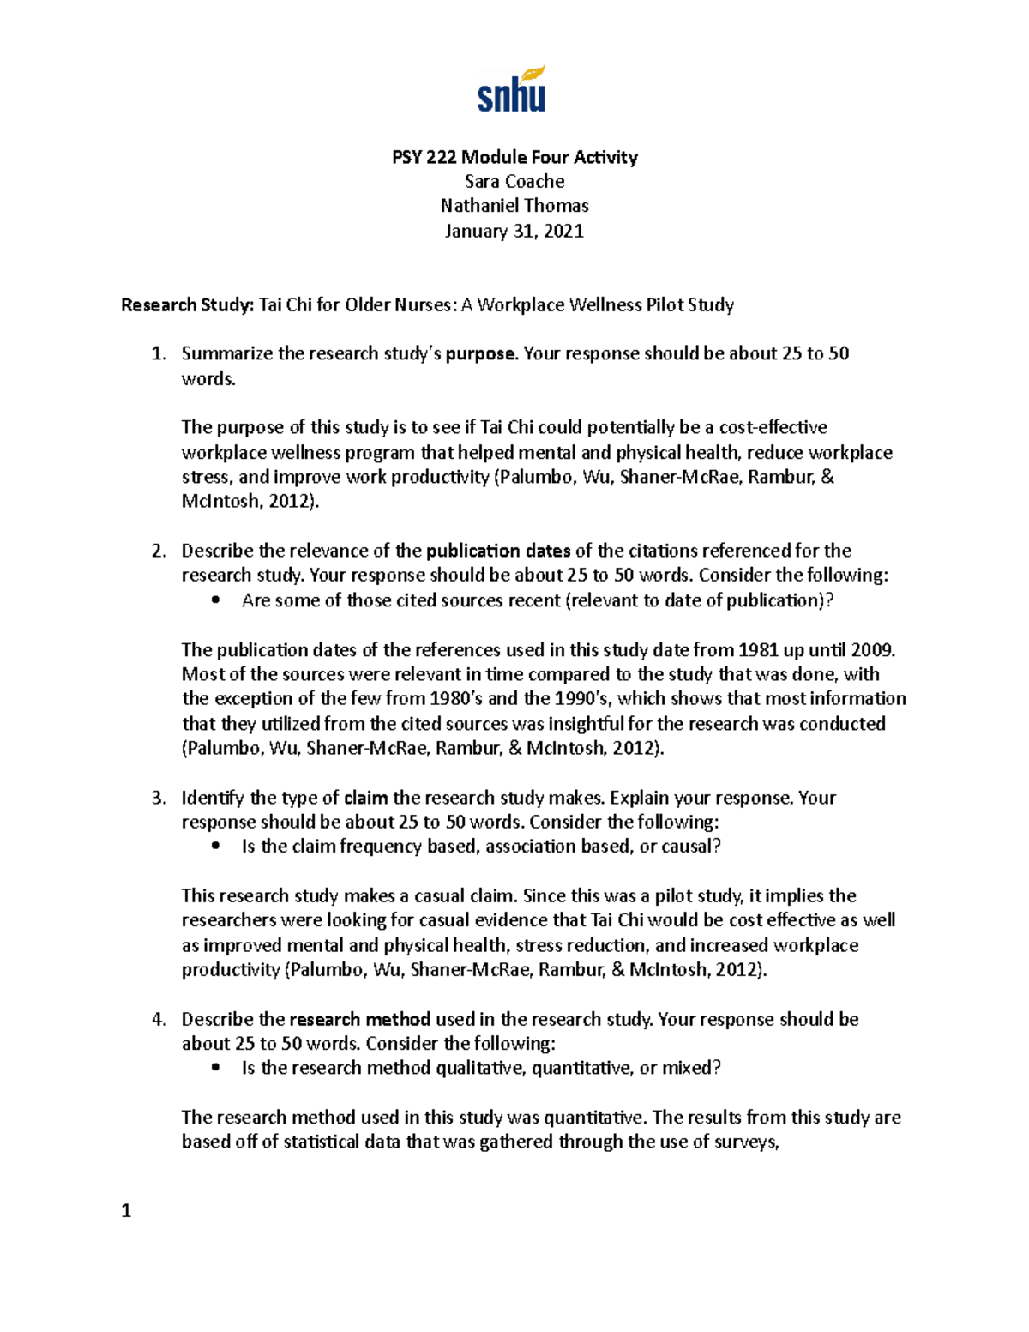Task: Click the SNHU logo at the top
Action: click(512, 89)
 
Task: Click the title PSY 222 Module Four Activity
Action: click(514, 157)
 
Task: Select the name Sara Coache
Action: click(514, 181)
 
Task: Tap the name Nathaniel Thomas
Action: click(514, 206)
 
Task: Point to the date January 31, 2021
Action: click(514, 231)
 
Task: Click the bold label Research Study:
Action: click(188, 305)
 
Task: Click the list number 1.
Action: click(158, 354)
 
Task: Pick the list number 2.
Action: click(158, 551)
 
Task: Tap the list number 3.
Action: click(158, 798)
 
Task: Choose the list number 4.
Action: click(158, 1020)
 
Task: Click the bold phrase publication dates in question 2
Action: click(498, 551)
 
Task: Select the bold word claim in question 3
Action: click(366, 798)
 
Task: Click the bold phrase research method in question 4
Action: click(360, 1020)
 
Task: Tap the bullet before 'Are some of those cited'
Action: click(215, 600)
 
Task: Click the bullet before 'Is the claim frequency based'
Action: click(215, 847)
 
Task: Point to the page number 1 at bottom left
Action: click(126, 1211)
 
